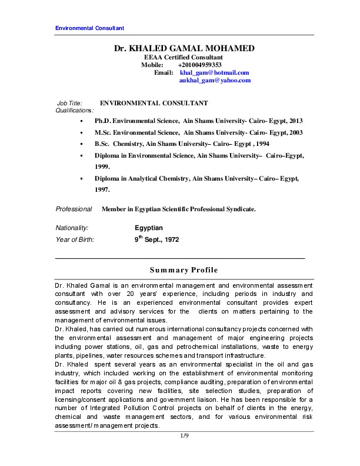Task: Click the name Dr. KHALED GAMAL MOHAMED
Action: [184, 48]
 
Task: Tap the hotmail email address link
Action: [210, 72]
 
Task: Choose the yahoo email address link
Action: [211, 80]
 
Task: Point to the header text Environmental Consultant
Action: [89, 28]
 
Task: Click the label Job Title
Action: [69, 103]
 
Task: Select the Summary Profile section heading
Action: [184, 270]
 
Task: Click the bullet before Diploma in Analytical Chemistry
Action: [80, 178]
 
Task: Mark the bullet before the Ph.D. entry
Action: [80, 121]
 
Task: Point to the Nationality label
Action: [72, 228]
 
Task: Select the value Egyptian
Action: [149, 228]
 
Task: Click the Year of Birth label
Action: [75, 240]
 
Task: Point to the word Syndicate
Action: [241, 209]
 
